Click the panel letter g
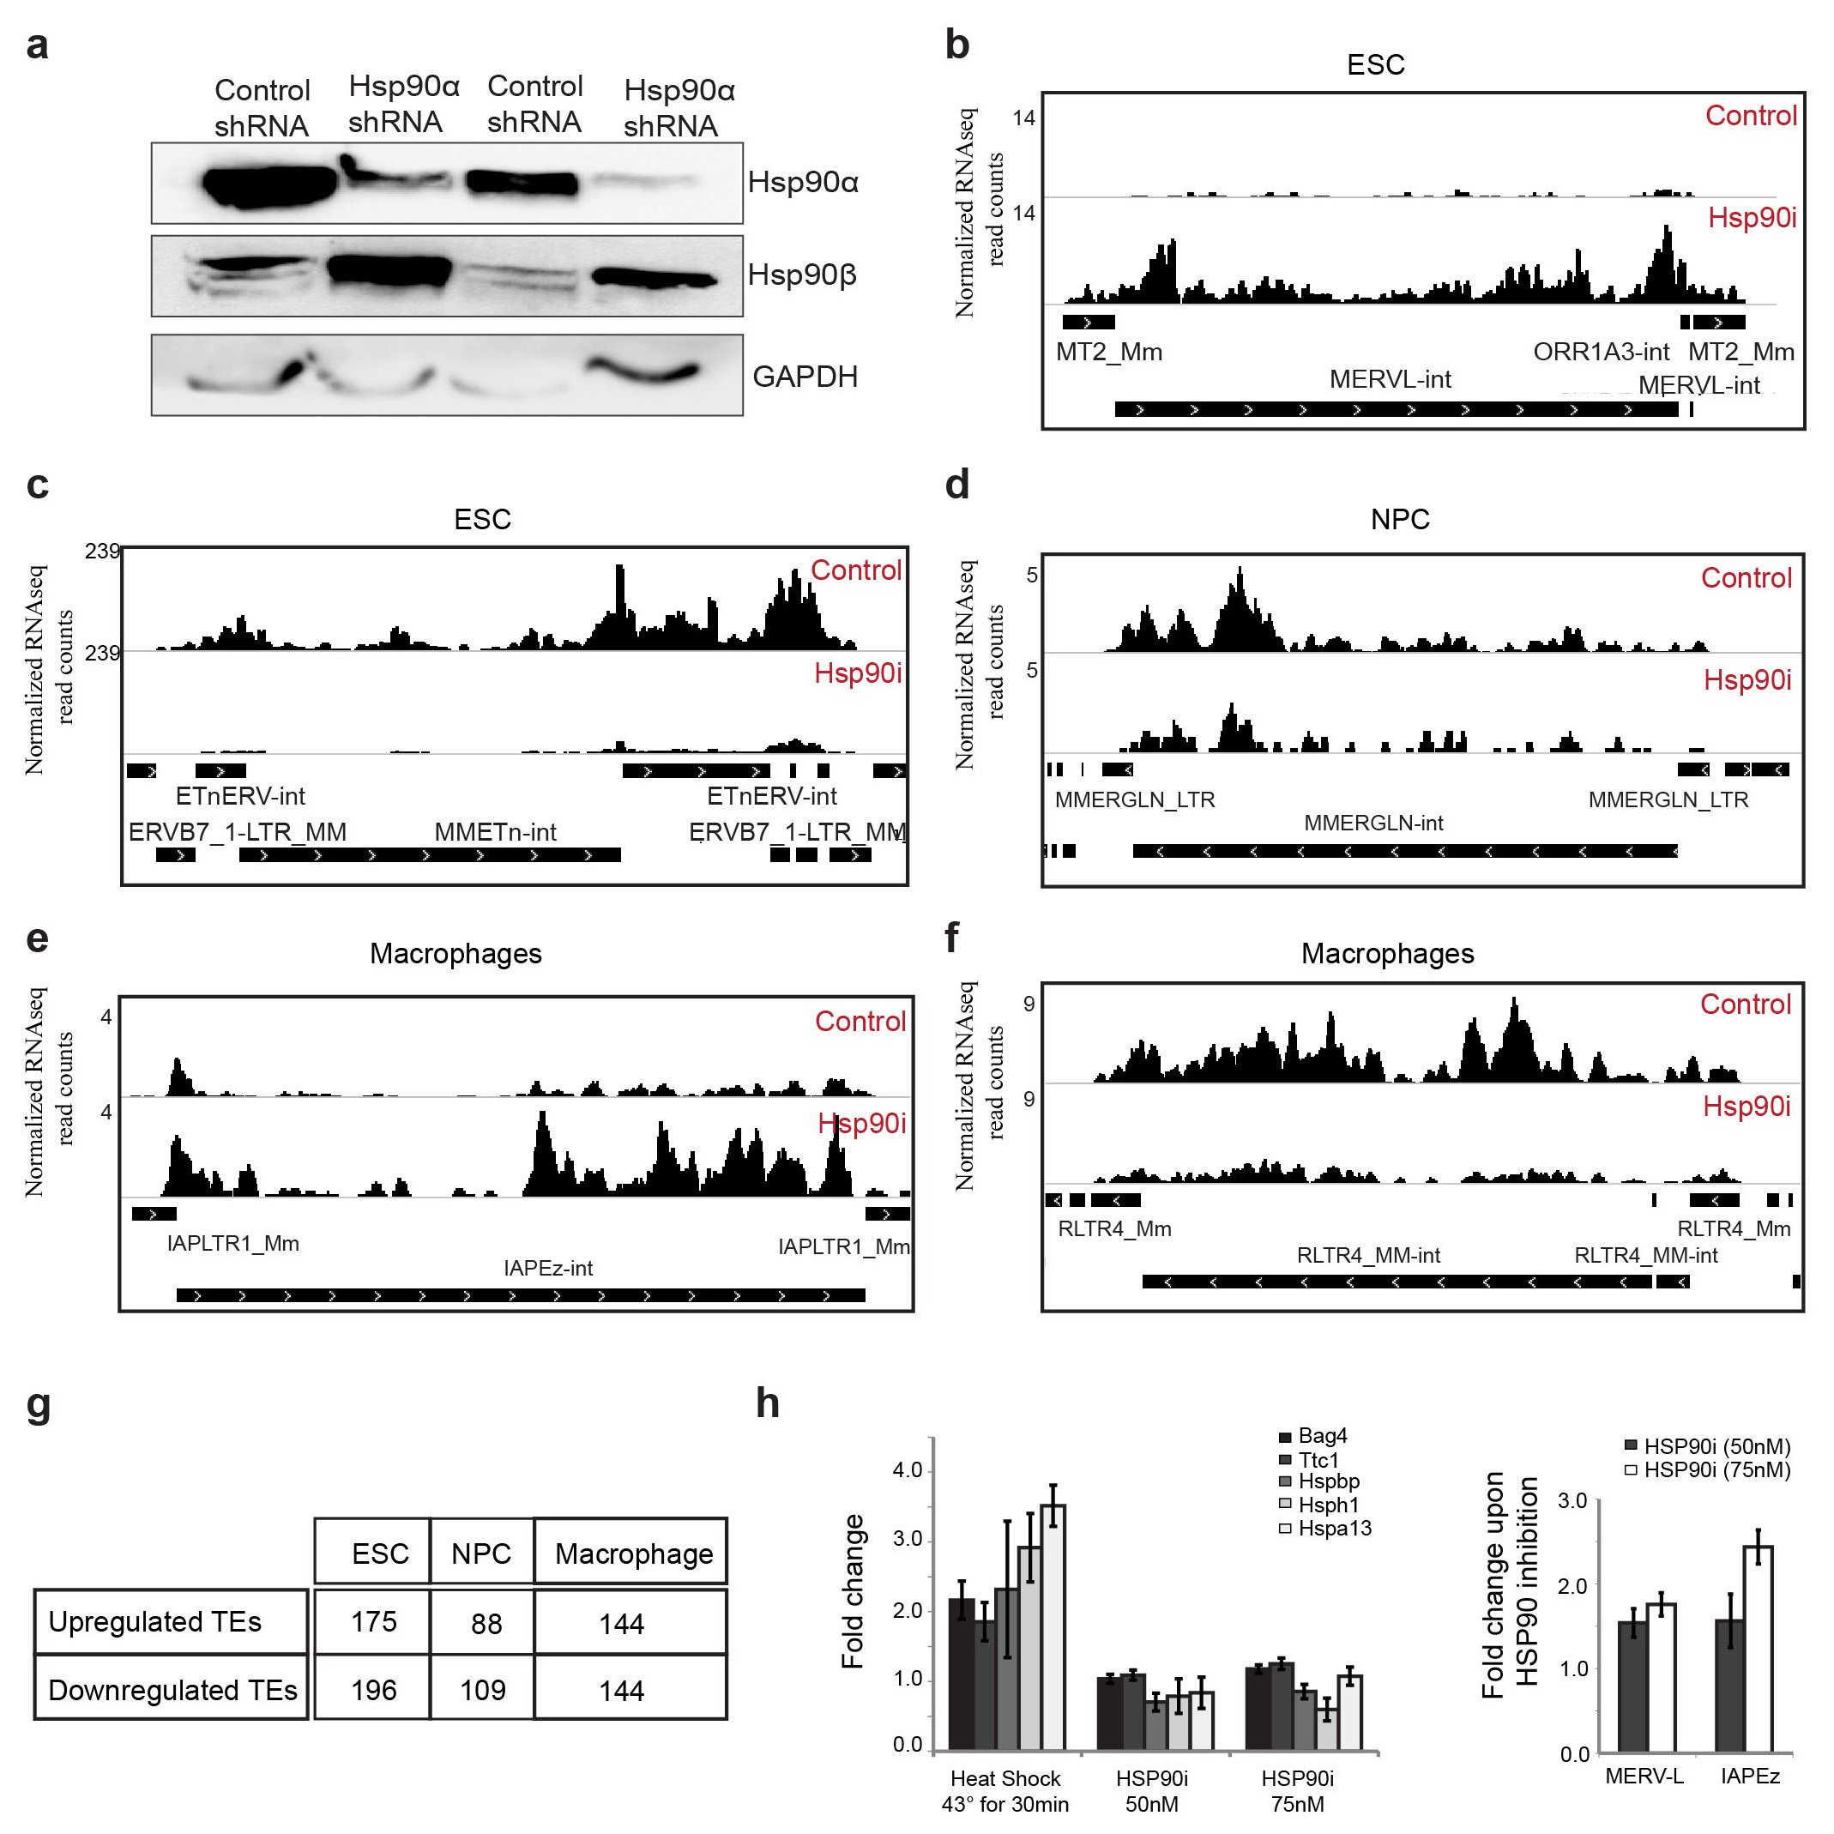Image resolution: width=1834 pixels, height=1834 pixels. [38, 1405]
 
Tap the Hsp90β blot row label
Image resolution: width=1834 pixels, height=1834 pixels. [802, 275]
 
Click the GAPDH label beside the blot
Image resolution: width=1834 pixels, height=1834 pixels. [805, 377]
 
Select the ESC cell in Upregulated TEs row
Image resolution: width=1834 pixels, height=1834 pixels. [373, 1621]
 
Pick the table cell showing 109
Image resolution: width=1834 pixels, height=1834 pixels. [482, 1690]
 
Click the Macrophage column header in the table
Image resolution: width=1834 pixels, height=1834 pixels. [633, 1554]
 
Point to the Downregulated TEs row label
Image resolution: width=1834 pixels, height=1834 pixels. [172, 1690]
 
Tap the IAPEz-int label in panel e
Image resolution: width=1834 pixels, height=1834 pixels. [548, 1268]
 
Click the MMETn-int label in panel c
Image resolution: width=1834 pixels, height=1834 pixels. [495, 833]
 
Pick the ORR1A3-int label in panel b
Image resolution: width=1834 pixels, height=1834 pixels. [1601, 353]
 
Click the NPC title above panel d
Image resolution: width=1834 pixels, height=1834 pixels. [1399, 519]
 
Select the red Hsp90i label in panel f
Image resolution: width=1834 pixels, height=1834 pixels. [1746, 1106]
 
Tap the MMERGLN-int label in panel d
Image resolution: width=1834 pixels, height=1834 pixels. [1372, 823]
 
